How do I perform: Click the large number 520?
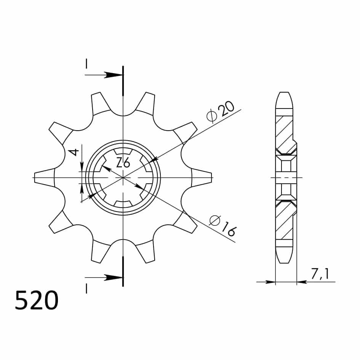tap(37, 300)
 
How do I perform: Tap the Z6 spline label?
tap(123, 163)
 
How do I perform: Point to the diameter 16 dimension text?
tap(222, 226)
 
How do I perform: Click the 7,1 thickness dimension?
tap(320, 274)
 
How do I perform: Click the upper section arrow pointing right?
tap(104, 75)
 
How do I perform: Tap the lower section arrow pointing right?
tap(104, 278)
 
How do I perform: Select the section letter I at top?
tap(86, 64)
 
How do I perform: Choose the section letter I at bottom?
tap(86, 289)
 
